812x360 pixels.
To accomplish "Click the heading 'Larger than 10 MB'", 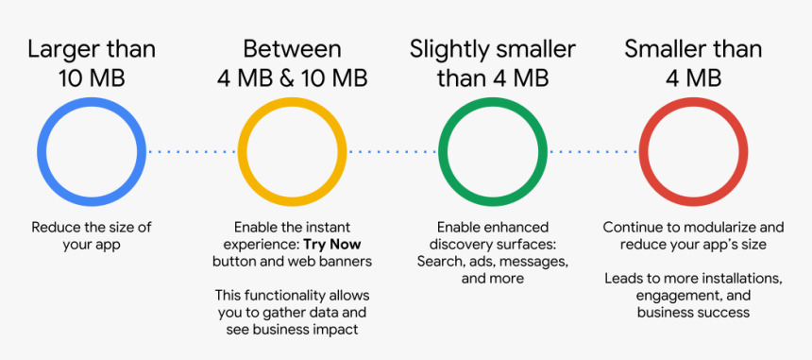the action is (x=92, y=63).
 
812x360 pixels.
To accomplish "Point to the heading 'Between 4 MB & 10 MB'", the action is (x=293, y=63).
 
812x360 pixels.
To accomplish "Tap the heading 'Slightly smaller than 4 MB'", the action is (x=493, y=63).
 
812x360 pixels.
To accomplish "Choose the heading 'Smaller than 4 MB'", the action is (x=693, y=63).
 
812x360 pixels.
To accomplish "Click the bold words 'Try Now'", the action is (x=332, y=244).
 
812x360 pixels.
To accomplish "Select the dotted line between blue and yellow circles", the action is (x=192, y=152).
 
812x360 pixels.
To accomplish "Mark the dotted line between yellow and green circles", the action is (x=393, y=152).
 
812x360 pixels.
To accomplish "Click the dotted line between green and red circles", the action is (x=594, y=152).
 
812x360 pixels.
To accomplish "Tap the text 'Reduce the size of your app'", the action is (x=92, y=235).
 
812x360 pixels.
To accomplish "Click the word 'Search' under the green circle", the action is (x=437, y=261).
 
